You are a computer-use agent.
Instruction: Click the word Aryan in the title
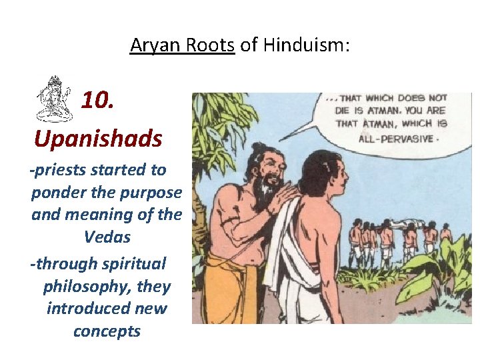149,45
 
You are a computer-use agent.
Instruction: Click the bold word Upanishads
97,139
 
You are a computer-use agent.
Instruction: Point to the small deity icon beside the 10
53,99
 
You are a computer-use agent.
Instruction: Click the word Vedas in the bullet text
107,237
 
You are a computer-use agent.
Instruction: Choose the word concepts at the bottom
107,331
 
